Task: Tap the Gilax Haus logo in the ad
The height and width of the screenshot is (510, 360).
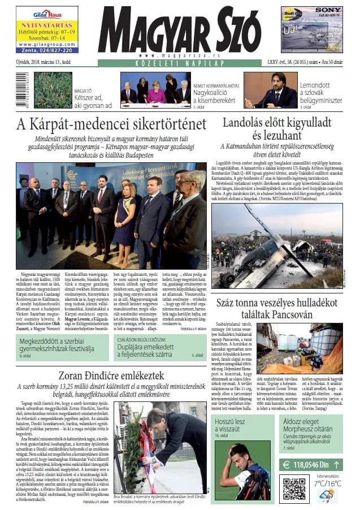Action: coord(47,14)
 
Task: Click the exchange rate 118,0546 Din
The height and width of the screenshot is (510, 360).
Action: coord(311,464)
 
